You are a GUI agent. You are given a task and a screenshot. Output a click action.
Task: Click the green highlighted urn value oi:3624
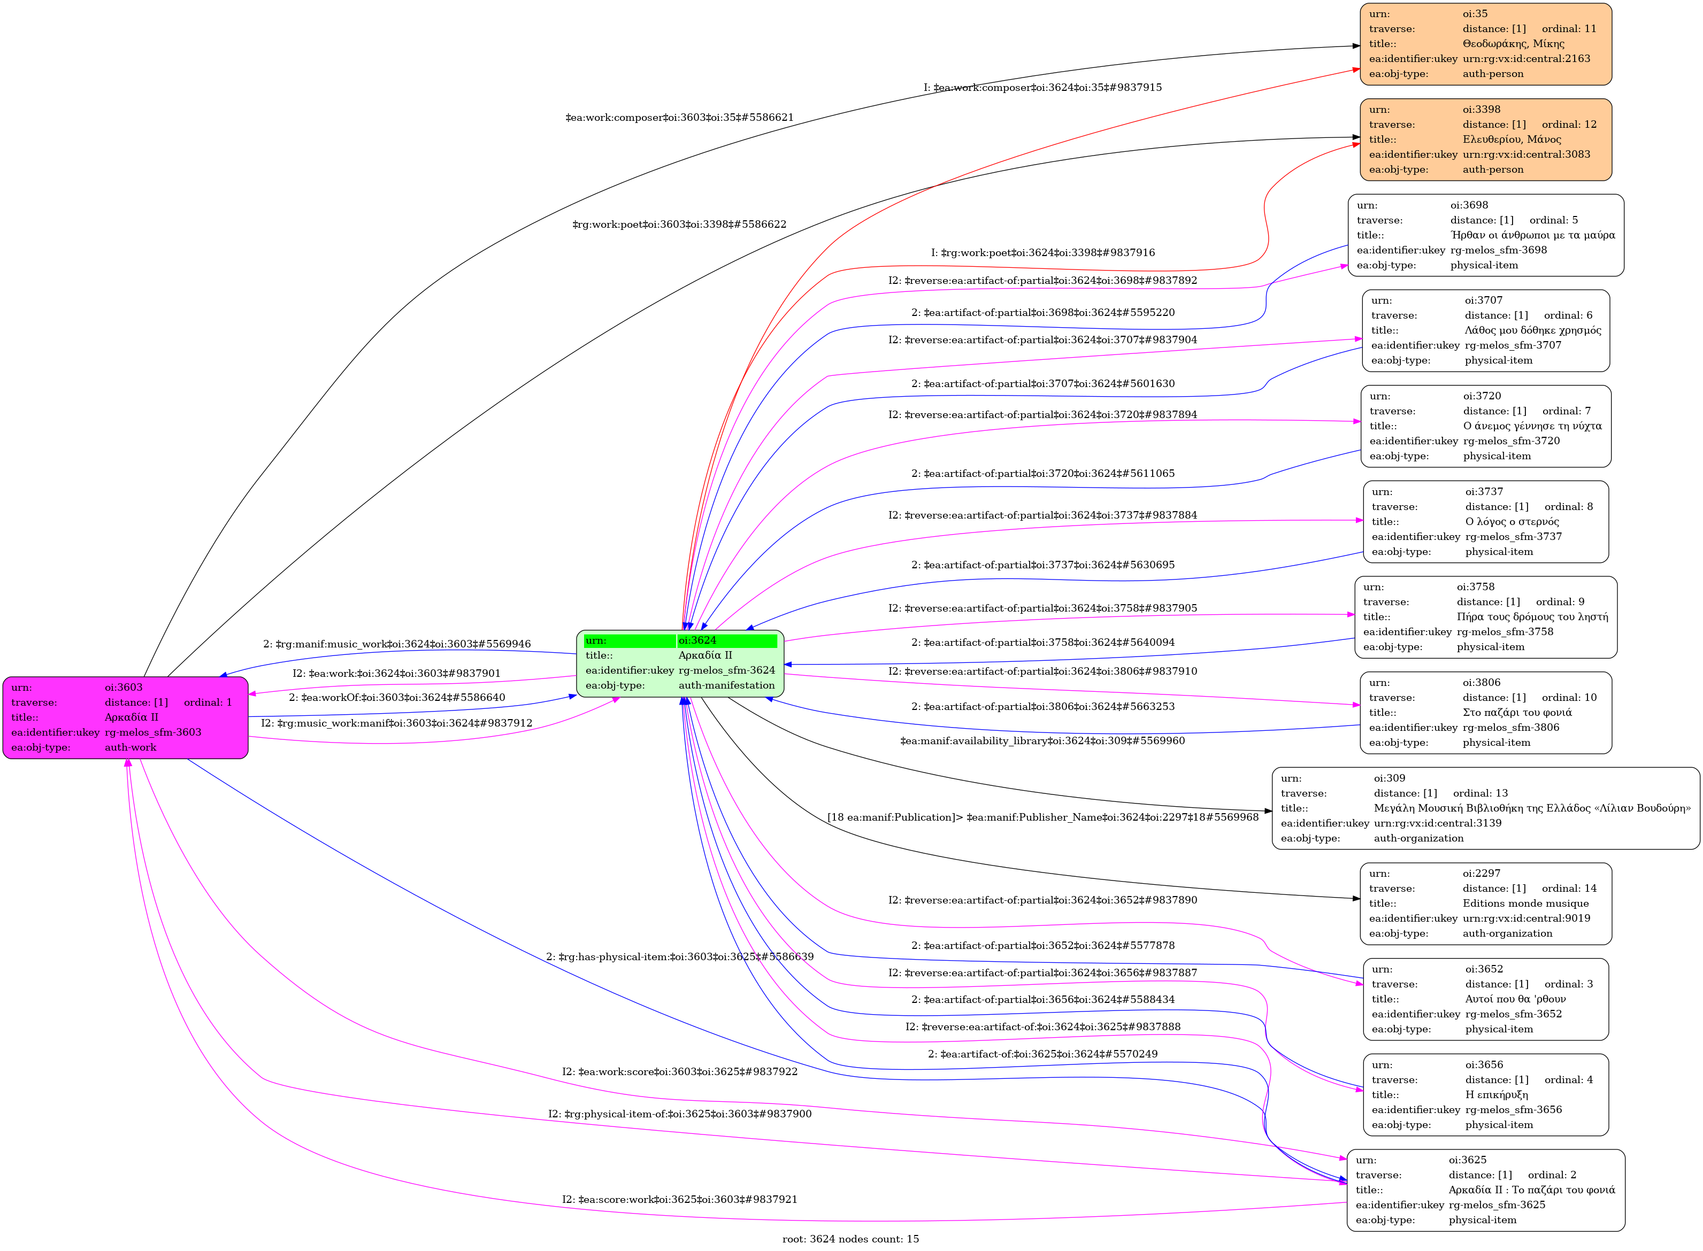pyautogui.click(x=697, y=640)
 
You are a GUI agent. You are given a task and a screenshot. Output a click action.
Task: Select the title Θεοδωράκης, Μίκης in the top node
pyautogui.click(x=1513, y=44)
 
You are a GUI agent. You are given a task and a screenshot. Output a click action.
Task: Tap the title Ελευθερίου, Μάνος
pyautogui.click(x=1512, y=140)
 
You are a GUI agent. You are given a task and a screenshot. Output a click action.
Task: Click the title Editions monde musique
pyautogui.click(x=1525, y=903)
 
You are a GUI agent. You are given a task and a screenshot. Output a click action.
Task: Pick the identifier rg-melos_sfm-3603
pyautogui.click(x=153, y=732)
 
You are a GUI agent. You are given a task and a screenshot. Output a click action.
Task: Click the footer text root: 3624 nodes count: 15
pyautogui.click(x=850, y=1239)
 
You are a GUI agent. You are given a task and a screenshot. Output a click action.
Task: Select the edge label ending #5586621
pyautogui.click(x=679, y=118)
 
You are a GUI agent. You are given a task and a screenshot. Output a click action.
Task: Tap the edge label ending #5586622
pyautogui.click(x=679, y=224)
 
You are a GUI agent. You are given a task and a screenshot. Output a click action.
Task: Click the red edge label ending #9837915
pyautogui.click(x=1042, y=88)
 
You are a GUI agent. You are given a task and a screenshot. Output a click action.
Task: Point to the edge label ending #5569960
pyautogui.click(x=1042, y=740)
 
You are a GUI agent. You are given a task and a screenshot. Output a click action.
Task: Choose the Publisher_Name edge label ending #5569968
pyautogui.click(x=1042, y=817)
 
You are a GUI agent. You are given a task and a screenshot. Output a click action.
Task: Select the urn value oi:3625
pyautogui.click(x=1468, y=1160)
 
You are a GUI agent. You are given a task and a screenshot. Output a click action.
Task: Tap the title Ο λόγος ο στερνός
pyautogui.click(x=1512, y=522)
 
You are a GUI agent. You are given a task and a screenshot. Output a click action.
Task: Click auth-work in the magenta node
pyautogui.click(x=131, y=747)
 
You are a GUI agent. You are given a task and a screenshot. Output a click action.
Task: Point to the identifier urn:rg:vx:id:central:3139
pyautogui.click(x=1437, y=823)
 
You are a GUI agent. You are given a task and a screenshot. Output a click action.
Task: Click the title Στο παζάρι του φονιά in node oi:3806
pyautogui.click(x=1517, y=713)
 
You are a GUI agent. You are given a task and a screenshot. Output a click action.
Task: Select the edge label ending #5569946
pyautogui.click(x=396, y=644)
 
